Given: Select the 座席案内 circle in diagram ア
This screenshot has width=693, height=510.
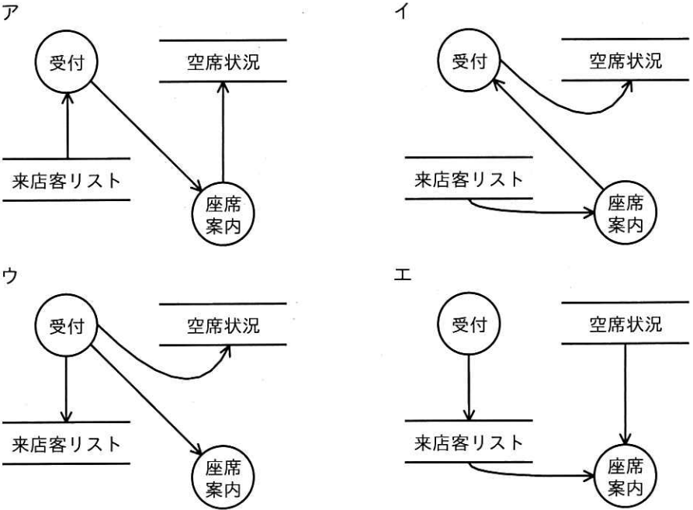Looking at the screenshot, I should tap(223, 211).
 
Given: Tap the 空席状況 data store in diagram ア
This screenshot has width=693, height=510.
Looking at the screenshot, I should tap(223, 61).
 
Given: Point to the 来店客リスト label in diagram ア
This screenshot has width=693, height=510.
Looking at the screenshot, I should tap(67, 182).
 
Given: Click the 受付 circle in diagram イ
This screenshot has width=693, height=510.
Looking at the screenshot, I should tap(470, 62).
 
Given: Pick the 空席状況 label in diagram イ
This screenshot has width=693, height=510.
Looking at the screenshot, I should tap(625, 61).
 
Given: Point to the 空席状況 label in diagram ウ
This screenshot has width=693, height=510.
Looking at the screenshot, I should tap(223, 324).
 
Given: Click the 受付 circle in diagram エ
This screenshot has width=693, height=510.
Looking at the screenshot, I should tap(470, 324).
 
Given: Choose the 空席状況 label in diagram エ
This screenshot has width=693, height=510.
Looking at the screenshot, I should tap(625, 324).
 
